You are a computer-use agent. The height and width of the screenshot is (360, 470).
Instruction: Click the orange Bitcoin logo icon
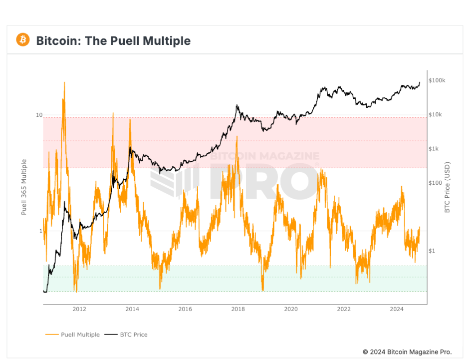23,40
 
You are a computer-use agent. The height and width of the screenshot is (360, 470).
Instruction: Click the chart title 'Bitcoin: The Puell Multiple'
113,40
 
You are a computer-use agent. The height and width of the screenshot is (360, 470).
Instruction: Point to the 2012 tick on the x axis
79,309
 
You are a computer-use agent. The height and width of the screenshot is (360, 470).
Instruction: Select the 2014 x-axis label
132,309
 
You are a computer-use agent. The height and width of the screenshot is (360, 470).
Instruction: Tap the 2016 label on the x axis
185,309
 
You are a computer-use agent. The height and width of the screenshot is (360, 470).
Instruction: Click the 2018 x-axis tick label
238,309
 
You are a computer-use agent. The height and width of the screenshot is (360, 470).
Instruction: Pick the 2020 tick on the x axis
291,309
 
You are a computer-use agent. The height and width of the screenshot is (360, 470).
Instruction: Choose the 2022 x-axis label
344,309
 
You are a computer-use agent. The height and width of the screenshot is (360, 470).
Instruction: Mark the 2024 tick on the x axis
397,309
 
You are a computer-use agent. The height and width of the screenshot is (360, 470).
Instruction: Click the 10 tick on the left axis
39,115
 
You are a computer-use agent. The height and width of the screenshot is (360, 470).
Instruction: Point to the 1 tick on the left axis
40,231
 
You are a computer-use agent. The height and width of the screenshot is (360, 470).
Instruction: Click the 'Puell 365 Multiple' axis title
24,187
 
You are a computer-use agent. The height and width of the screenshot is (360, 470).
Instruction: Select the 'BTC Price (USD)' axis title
448,187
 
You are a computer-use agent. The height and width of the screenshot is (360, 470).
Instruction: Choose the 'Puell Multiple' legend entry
80,335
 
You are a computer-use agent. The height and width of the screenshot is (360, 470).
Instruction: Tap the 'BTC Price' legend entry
133,335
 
